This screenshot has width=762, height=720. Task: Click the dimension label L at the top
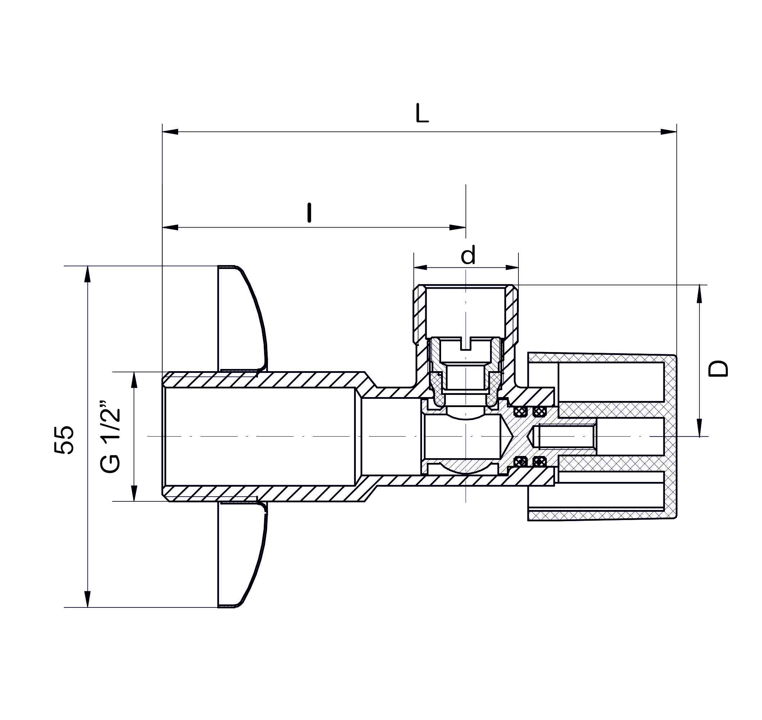pyautogui.click(x=422, y=114)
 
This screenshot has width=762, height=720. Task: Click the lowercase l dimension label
pyautogui.click(x=309, y=213)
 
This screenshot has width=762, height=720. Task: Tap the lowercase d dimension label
pyautogui.click(x=468, y=255)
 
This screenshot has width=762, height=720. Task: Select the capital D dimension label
pyautogui.click(x=718, y=369)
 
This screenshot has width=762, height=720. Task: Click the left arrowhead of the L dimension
pyautogui.click(x=171, y=132)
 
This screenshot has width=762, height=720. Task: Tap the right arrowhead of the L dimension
pyautogui.click(x=668, y=132)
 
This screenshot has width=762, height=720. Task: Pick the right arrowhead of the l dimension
pyautogui.click(x=458, y=227)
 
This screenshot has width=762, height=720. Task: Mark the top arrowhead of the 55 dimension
pyautogui.click(x=87, y=274)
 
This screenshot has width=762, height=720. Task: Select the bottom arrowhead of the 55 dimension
pyautogui.click(x=87, y=599)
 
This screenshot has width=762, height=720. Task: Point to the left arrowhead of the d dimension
pyautogui.click(x=421, y=268)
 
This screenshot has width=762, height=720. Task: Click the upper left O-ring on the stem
pyautogui.click(x=520, y=412)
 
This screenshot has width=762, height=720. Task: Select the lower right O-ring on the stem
pyautogui.click(x=540, y=461)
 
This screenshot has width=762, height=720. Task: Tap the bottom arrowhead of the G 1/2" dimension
pyautogui.click(x=134, y=493)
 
